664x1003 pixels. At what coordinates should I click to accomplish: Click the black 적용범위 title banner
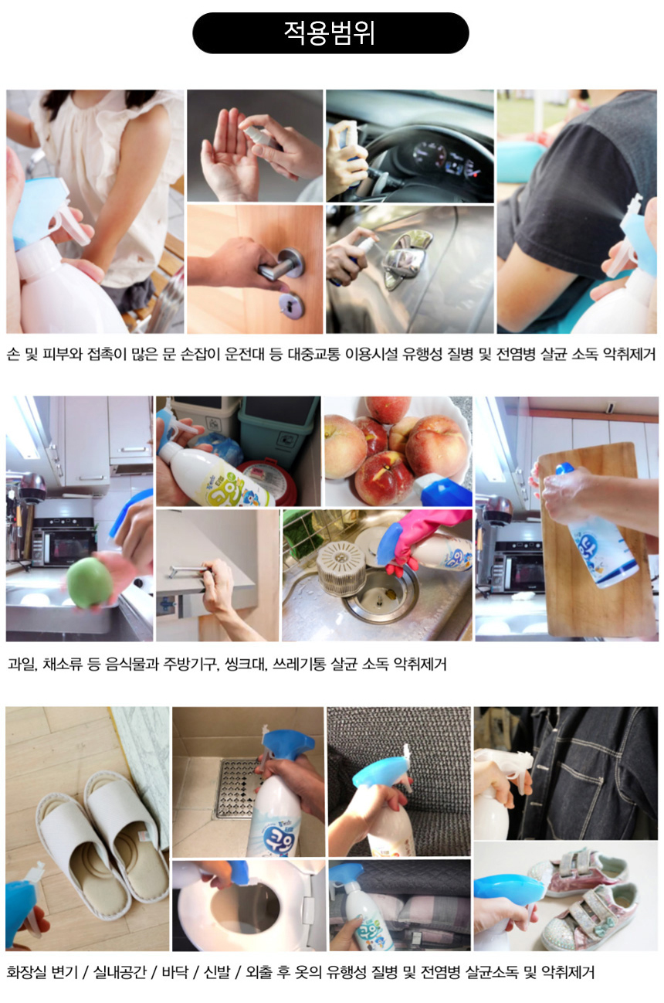point(330,33)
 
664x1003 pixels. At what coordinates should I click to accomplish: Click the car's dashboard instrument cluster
point(446,160)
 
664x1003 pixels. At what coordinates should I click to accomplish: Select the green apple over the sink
point(90,582)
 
